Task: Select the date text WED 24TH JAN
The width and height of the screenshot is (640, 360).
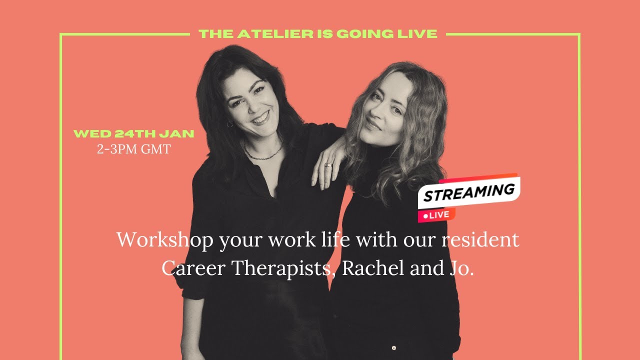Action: tap(133, 134)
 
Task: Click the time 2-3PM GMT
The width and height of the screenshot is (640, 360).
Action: tap(133, 149)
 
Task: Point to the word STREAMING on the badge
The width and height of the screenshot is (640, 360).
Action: tap(469, 192)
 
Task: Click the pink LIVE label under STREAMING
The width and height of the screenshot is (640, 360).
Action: tap(439, 215)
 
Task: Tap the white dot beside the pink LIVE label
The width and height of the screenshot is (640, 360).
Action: tap(425, 216)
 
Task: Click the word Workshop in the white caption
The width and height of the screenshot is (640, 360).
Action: tap(164, 240)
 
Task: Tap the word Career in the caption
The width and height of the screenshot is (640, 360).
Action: tap(192, 268)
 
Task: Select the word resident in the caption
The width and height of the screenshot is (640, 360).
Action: tap(480, 240)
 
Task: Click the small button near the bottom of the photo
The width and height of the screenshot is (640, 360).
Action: tap(394, 347)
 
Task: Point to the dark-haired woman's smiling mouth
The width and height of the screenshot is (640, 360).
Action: tap(260, 118)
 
